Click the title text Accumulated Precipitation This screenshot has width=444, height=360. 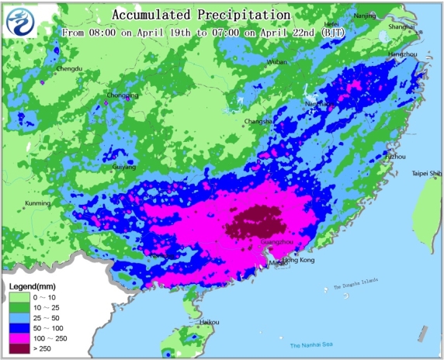tap(201, 15)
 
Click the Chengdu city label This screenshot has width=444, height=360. tap(69, 69)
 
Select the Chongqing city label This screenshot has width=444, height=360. tap(123, 95)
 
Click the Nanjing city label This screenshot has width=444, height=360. tap(364, 16)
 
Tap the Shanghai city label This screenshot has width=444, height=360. tap(401, 26)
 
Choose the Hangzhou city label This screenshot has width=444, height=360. tap(402, 54)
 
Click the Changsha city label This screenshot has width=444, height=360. tap(258, 121)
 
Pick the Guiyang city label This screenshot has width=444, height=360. tap(123, 166)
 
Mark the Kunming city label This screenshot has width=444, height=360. tap(38, 203)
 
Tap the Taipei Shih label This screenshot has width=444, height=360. tap(426, 173)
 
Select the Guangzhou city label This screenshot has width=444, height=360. tap(278, 242)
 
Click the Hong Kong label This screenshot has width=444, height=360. tap(299, 260)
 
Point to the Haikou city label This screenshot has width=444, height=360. tap(209, 321)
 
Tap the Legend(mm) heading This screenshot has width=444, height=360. tap(31, 287)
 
